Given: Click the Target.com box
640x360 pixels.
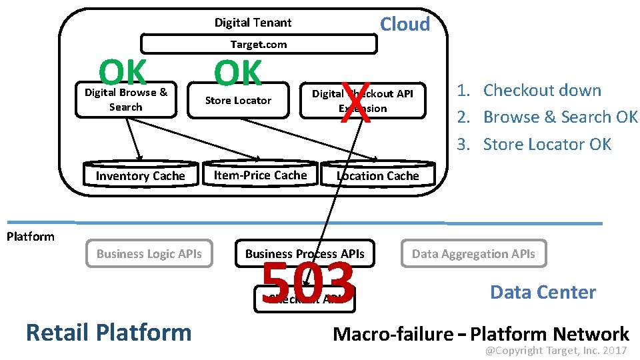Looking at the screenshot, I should click(x=259, y=45).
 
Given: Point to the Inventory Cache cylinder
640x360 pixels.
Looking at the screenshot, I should click(x=140, y=175).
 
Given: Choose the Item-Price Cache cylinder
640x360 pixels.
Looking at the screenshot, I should click(x=260, y=175).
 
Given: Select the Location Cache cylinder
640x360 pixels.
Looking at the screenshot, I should click(x=377, y=175).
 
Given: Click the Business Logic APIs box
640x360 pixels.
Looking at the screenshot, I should click(x=149, y=253).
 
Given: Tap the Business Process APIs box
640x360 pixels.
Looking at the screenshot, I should click(x=305, y=253).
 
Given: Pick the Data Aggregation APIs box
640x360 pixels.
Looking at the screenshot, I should click(x=473, y=253).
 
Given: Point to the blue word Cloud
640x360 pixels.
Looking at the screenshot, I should click(x=405, y=24).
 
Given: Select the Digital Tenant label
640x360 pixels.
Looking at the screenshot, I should click(x=253, y=23).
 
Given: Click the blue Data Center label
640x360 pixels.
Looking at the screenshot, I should click(x=543, y=292).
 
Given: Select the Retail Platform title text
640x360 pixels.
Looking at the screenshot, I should click(x=108, y=331).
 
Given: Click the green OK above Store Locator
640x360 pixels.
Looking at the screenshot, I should click(x=237, y=73).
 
